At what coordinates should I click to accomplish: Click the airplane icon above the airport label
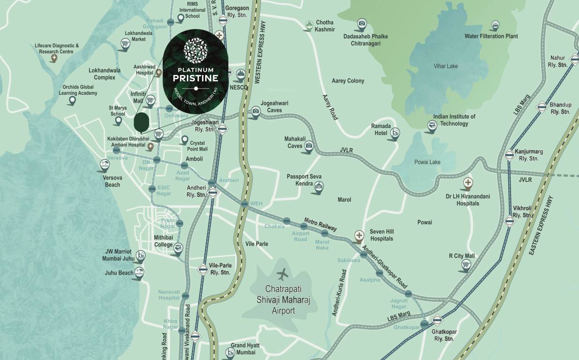283,273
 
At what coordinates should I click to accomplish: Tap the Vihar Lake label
445,66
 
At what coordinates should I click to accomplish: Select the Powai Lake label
427,162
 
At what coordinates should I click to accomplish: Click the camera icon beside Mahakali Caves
309,146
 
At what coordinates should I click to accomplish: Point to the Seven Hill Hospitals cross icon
359,235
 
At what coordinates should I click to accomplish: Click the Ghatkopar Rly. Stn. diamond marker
437,320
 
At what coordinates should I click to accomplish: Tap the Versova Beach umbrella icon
105,165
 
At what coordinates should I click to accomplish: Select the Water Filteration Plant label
491,36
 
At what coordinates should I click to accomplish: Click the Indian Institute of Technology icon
432,125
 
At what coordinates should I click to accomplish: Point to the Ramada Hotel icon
395,133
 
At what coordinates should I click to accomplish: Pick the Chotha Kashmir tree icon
309,24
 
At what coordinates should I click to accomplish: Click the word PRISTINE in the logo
195,78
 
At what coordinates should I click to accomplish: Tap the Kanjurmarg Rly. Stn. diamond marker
510,155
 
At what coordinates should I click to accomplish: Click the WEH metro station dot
244,204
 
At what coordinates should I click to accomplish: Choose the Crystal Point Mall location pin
185,140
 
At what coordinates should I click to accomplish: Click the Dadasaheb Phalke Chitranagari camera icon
362,23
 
